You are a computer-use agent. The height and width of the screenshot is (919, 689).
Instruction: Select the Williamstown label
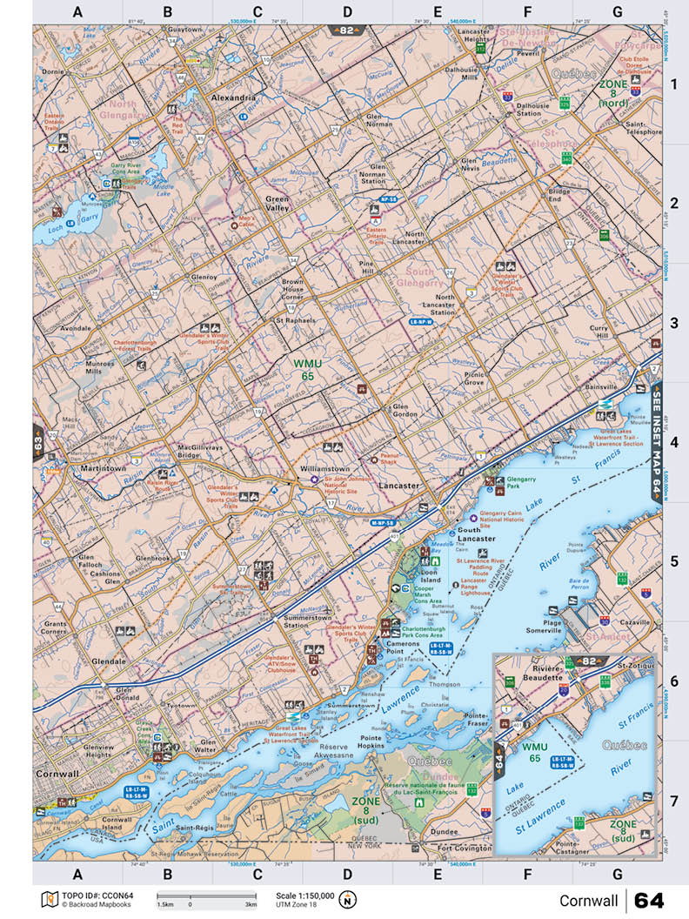pyautogui.click(x=325, y=467)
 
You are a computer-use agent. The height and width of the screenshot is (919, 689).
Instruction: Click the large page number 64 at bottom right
pyautogui.click(x=649, y=899)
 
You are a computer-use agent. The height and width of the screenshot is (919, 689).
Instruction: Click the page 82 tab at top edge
pyautogui.click(x=347, y=30)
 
